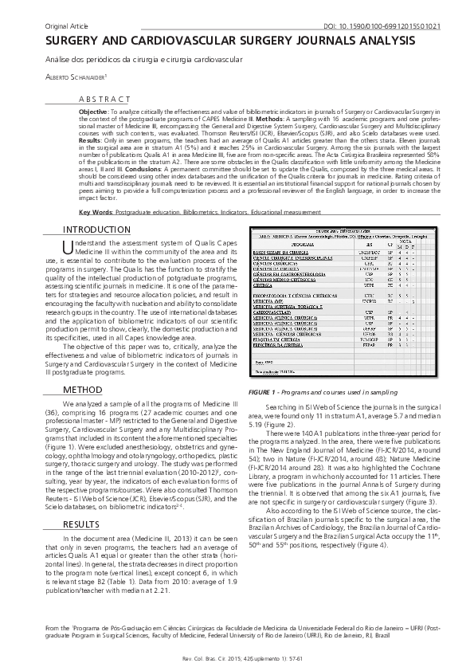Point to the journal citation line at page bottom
tap(237, 661)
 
